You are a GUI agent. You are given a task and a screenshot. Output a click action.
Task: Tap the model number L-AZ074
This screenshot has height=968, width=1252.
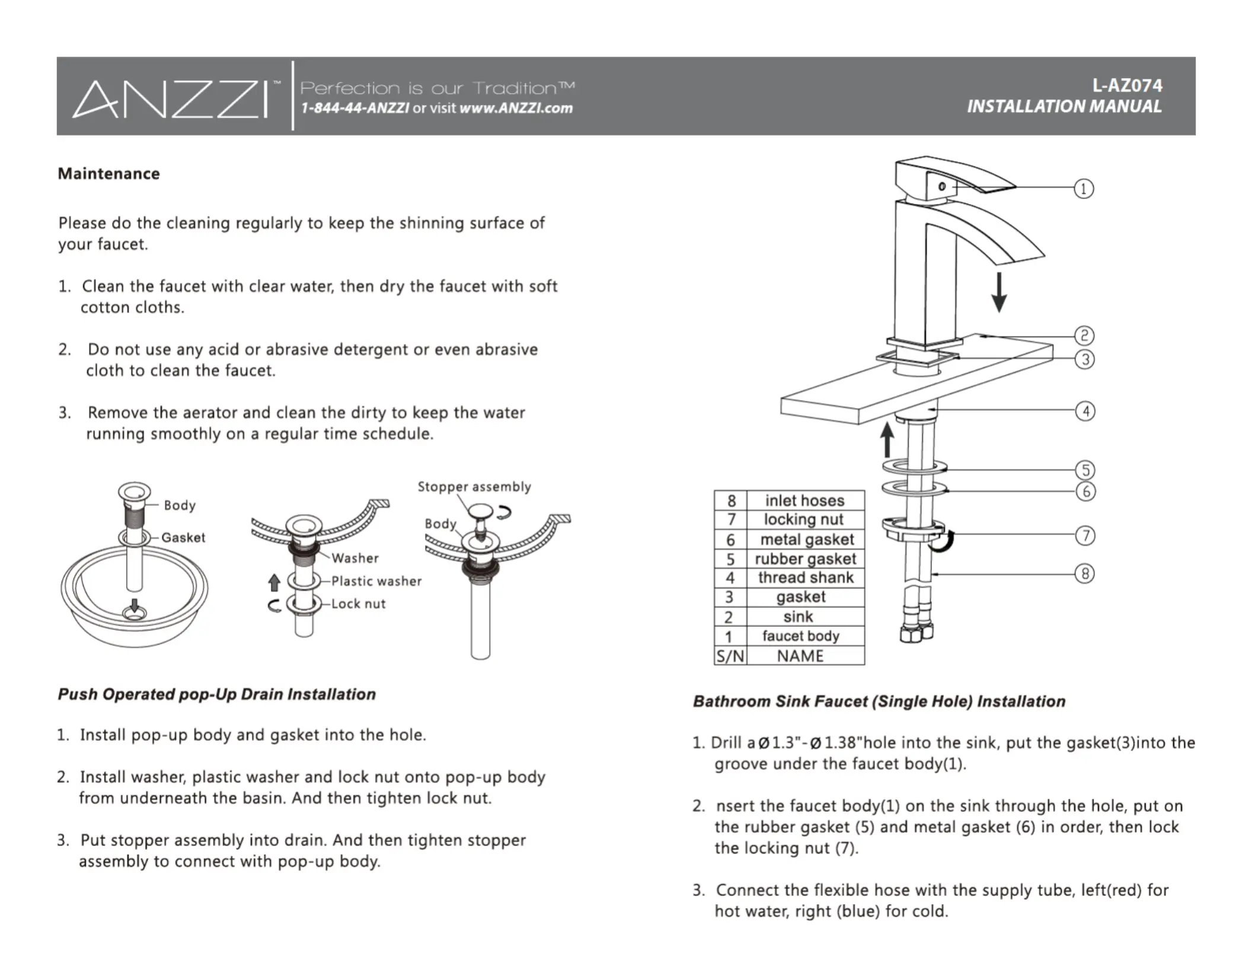1126,86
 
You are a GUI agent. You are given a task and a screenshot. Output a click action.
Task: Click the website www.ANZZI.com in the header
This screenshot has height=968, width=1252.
516,108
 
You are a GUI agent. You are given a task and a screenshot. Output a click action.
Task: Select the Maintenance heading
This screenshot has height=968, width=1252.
108,174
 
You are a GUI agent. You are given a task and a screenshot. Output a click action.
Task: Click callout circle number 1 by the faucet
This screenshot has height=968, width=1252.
1084,189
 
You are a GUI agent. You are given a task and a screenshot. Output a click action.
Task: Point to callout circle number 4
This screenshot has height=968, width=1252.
1085,411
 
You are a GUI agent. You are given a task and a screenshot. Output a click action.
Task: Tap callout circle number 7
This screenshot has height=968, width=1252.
1085,536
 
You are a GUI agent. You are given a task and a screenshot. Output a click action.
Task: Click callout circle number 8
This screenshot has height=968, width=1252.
1085,574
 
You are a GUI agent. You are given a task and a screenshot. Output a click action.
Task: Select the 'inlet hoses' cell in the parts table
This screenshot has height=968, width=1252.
804,501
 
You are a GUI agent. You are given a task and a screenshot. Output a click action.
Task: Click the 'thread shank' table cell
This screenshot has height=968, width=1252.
805,578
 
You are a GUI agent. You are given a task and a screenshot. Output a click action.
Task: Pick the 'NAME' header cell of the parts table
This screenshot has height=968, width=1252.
800,656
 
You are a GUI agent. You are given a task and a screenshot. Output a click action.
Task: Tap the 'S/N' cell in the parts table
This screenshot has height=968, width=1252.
730,656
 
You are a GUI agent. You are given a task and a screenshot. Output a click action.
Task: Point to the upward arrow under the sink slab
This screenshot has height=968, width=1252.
887,439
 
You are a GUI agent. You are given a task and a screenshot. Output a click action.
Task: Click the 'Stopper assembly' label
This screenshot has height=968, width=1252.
474,487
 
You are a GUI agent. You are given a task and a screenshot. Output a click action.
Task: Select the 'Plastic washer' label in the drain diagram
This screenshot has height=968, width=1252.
376,581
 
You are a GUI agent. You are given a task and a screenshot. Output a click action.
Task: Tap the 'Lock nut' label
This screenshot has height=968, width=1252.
358,604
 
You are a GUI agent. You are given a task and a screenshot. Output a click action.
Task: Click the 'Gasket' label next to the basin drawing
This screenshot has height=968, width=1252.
183,537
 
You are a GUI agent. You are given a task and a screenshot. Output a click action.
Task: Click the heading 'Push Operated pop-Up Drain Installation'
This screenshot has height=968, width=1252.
216,695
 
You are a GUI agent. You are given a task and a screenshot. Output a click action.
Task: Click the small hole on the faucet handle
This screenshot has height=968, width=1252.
942,187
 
